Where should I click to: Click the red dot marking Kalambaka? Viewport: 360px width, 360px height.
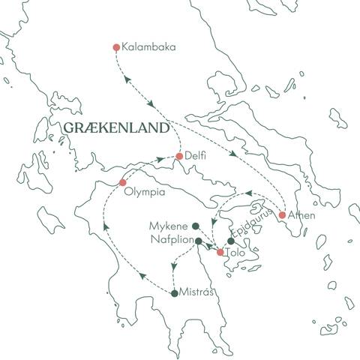[x=116, y=47]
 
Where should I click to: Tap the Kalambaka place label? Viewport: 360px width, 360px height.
[x=153, y=47]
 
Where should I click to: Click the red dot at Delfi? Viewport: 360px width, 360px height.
[x=179, y=157]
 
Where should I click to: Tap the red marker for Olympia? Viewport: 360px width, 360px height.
[x=123, y=182]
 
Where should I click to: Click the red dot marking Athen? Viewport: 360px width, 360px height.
[x=282, y=215]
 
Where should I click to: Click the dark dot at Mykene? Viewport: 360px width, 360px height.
[x=195, y=225]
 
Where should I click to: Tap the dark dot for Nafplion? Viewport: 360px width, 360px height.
[x=198, y=241]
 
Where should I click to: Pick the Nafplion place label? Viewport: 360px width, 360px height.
[x=169, y=241]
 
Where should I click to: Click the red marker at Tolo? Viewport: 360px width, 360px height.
[x=220, y=253]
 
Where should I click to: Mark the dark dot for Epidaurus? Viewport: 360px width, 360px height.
[x=231, y=241]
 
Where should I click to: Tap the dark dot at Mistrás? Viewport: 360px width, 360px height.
[x=175, y=293]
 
